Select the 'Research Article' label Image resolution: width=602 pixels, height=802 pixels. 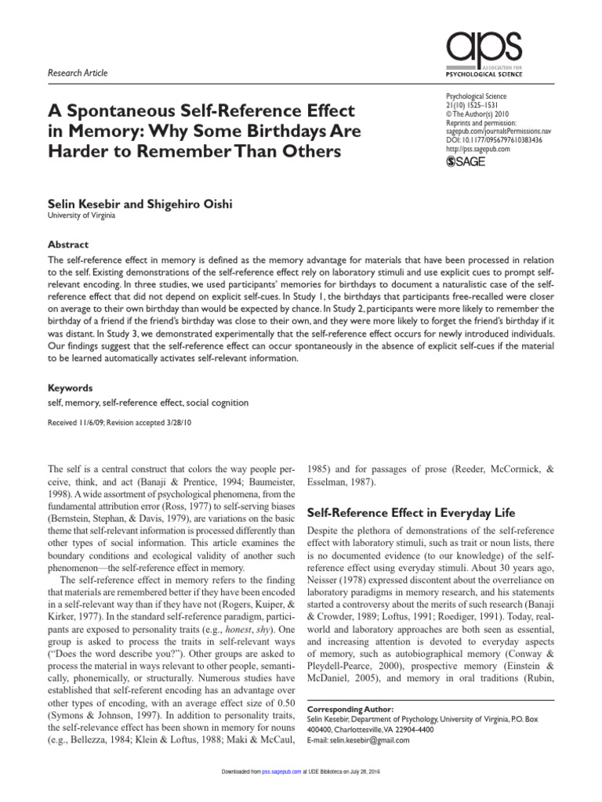pyautogui.click(x=78, y=73)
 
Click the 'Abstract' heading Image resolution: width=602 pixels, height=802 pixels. pyautogui.click(x=69, y=244)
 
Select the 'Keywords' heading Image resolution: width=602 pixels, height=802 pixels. pyautogui.click(x=71, y=388)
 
